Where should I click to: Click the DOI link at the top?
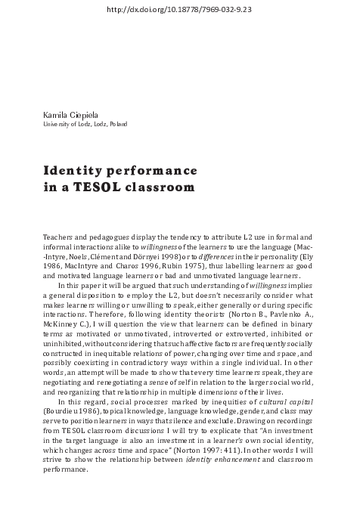pos(180,9)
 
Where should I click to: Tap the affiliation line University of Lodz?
pos(85,123)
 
